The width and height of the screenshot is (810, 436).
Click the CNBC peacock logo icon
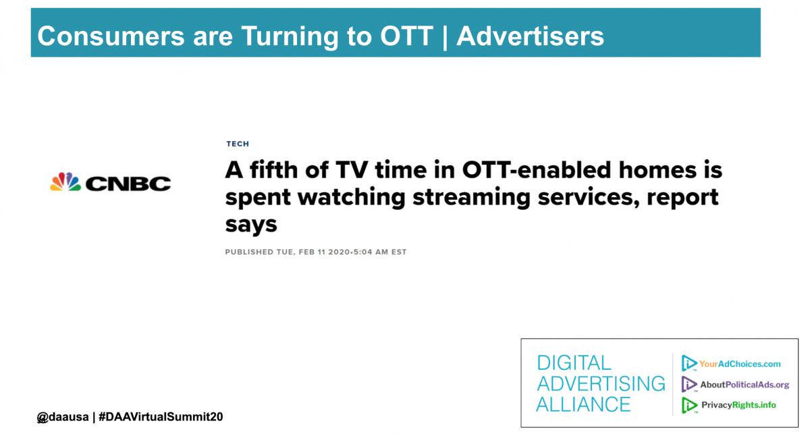65,182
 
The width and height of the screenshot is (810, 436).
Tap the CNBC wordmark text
128,184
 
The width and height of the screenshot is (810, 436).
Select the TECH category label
238,144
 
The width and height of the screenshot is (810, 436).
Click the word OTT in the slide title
406,36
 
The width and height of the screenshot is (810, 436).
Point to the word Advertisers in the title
530,36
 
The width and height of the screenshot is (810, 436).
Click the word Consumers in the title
111,36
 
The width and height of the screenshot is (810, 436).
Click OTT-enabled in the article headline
537,170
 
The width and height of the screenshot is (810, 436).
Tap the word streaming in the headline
471,198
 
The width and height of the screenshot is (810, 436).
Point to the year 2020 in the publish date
339,252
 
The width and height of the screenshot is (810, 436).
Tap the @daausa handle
63,417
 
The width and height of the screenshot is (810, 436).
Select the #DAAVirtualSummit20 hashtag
161,417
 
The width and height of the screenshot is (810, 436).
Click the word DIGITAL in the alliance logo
574,363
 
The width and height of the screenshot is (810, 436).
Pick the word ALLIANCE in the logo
583,404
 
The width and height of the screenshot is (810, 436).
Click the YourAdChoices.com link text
740,364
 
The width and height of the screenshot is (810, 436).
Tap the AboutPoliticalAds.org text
745,385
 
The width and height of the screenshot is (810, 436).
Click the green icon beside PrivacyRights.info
689,405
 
